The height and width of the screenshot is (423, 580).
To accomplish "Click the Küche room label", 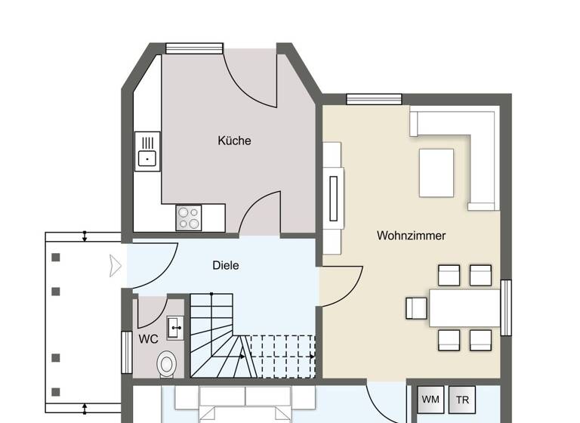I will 234,140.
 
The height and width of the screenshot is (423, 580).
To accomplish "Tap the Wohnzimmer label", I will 411,236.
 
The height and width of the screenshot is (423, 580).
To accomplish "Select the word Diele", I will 226,265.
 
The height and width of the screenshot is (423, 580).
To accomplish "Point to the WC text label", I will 148,338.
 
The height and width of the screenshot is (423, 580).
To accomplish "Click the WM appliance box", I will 430,399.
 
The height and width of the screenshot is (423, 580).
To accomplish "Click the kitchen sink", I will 147,151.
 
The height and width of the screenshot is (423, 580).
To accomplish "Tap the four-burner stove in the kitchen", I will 189,218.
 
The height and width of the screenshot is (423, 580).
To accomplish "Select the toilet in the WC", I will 168,363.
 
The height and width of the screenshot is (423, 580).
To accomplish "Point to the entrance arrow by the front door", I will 116,265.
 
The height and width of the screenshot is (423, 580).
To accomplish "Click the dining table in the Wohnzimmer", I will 464,307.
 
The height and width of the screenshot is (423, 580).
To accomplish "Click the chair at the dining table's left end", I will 416,307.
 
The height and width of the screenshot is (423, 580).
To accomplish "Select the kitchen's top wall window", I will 195,48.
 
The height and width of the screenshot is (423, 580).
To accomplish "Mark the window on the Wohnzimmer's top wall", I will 374,99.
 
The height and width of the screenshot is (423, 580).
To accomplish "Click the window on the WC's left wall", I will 127,351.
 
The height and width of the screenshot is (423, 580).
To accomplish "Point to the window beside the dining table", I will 506,307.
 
